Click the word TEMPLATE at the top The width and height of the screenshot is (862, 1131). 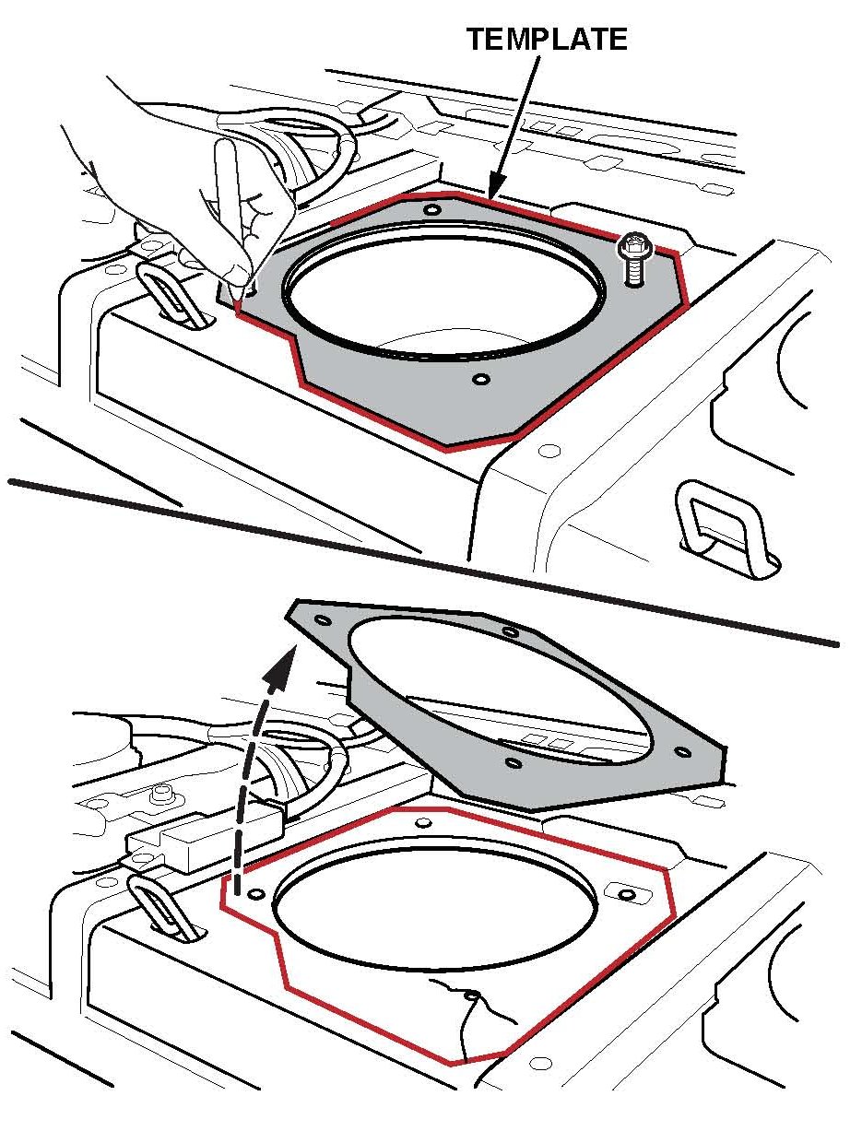pos(547,40)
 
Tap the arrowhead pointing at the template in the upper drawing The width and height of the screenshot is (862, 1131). pos(497,186)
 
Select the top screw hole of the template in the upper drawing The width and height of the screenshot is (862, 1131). pos(432,210)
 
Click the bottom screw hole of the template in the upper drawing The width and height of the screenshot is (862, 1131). pos(481,379)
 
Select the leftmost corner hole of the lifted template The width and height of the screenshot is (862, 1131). pos(324,620)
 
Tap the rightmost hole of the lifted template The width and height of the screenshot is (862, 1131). pos(683,753)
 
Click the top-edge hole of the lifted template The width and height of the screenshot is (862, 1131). pos(510,632)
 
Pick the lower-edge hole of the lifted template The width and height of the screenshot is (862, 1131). pos(514,763)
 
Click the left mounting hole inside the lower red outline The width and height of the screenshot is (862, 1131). pos(256,894)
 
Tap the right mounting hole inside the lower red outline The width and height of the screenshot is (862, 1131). pos(625,894)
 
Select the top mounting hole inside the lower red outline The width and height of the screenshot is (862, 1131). pos(423,822)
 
